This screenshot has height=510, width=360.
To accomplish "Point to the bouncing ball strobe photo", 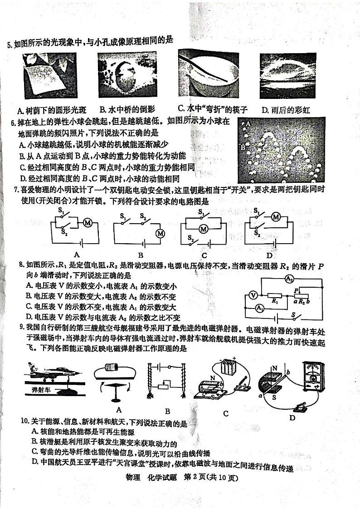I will tap(282, 149).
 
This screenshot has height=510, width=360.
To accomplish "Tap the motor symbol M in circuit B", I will tap(160, 234).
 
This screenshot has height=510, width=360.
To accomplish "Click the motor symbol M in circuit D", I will tap(275, 217).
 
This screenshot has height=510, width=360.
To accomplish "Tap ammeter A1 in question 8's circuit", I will tap(259, 309).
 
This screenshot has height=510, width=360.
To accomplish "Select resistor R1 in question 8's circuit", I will tap(274, 295).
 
